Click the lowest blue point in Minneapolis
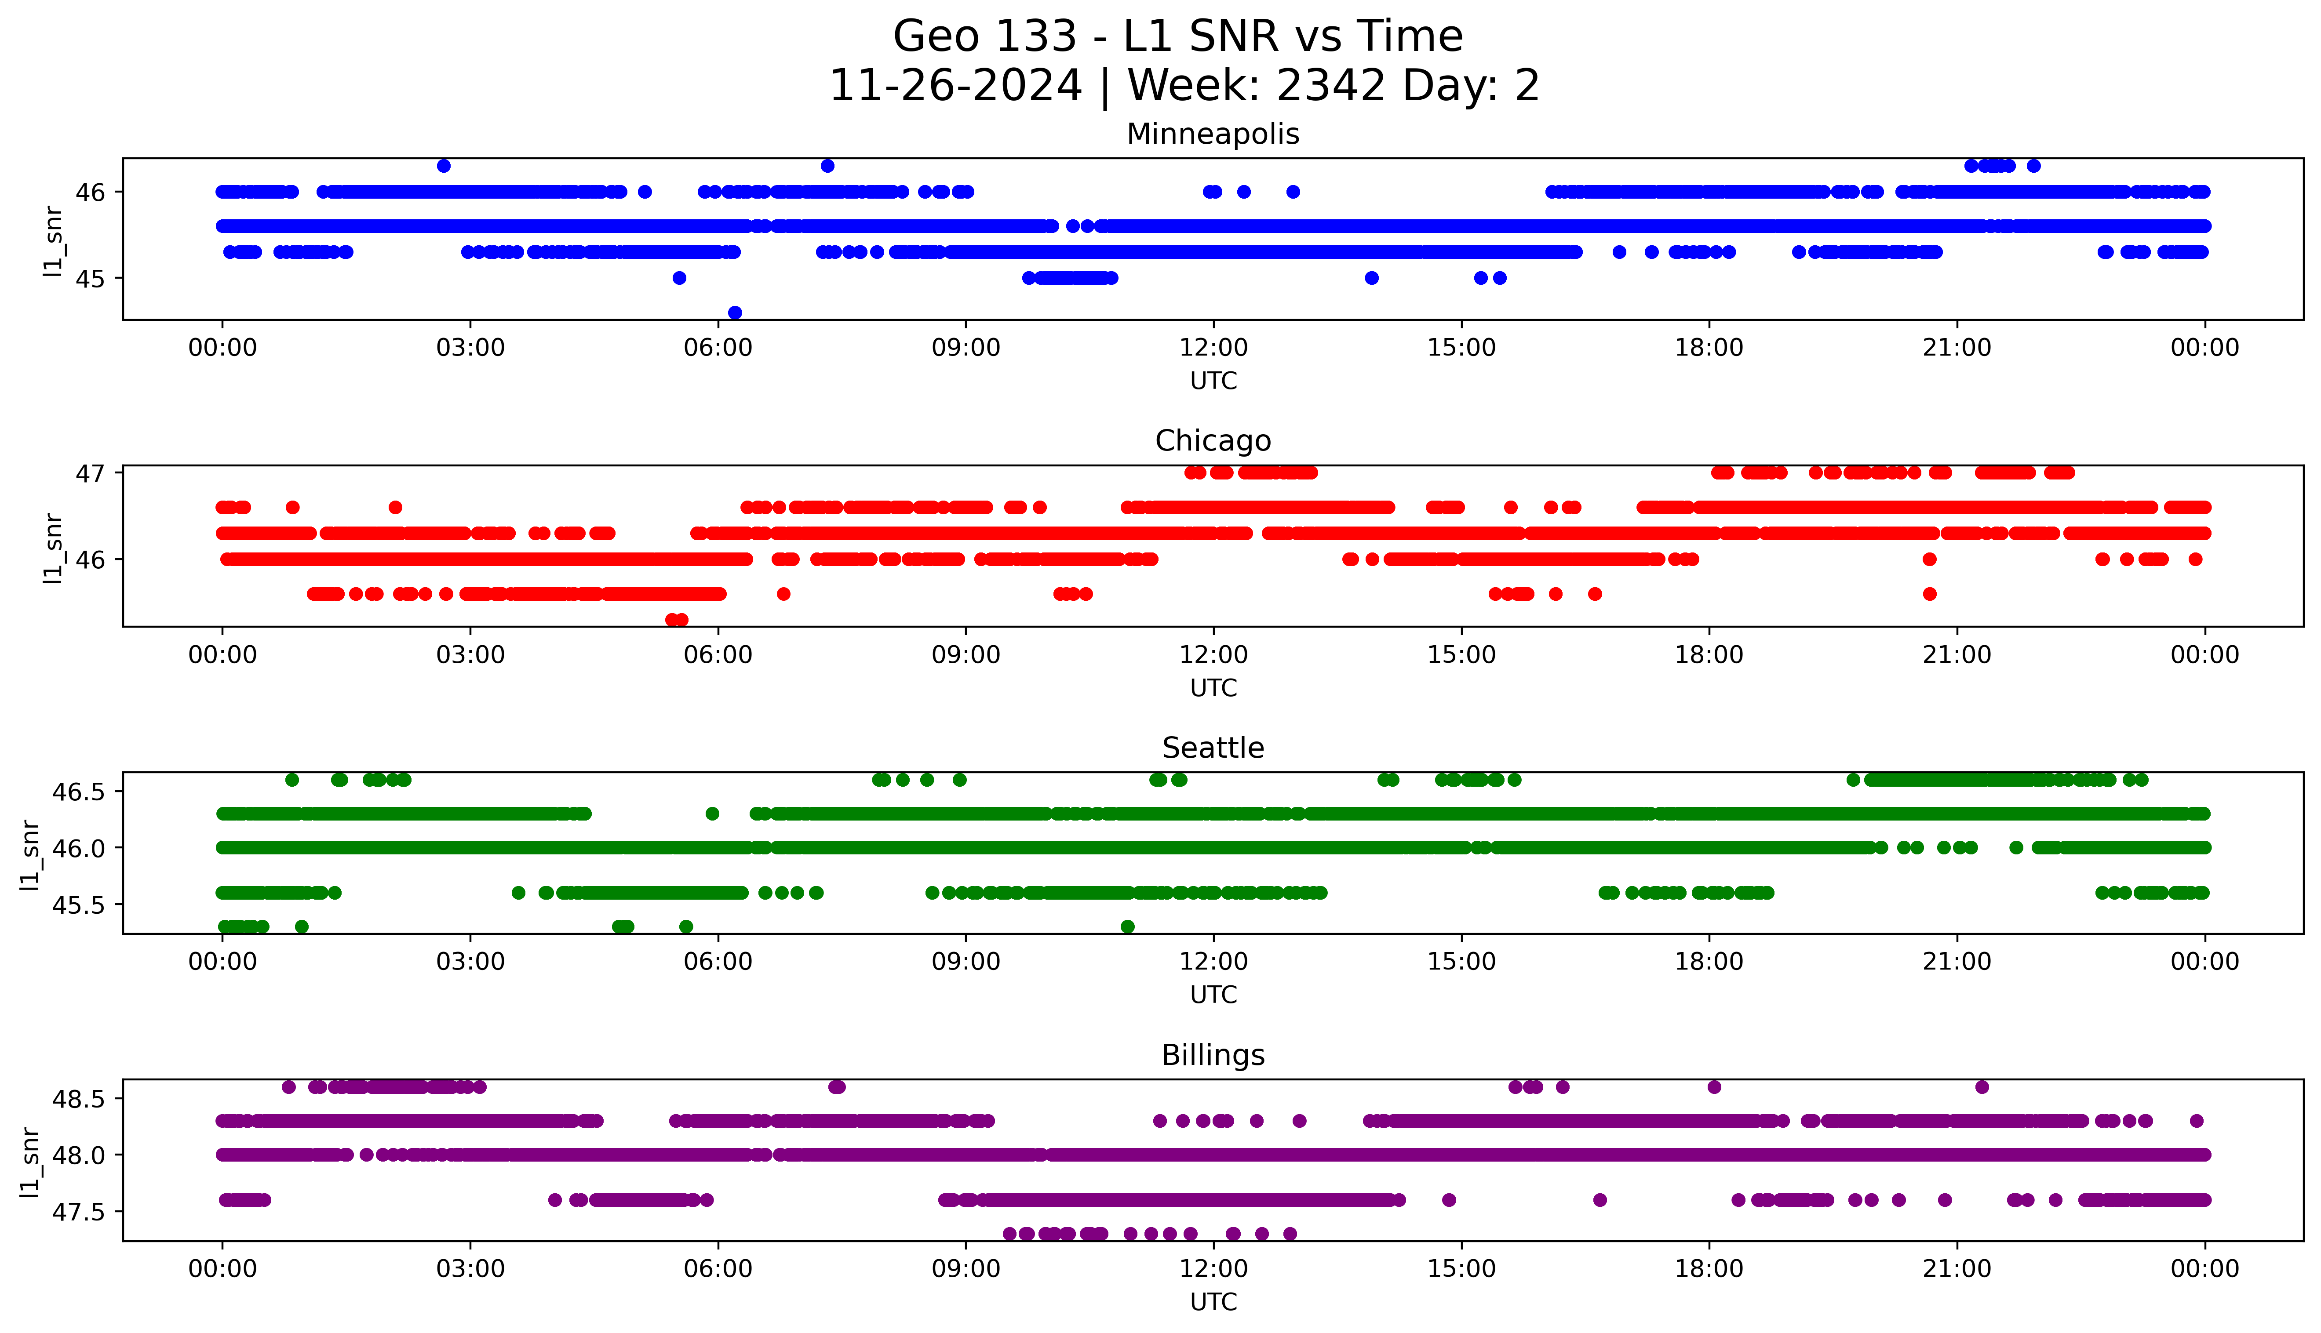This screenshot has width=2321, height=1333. (x=734, y=312)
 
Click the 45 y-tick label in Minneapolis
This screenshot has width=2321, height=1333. (x=91, y=278)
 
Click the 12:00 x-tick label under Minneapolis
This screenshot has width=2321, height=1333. (x=1213, y=348)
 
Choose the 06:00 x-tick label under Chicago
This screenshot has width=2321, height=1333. (x=718, y=654)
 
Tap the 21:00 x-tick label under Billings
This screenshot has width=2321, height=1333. (x=1957, y=1269)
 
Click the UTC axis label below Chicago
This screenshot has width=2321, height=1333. (x=1213, y=687)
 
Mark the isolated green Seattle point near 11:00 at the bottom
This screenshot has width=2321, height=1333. (x=1127, y=926)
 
